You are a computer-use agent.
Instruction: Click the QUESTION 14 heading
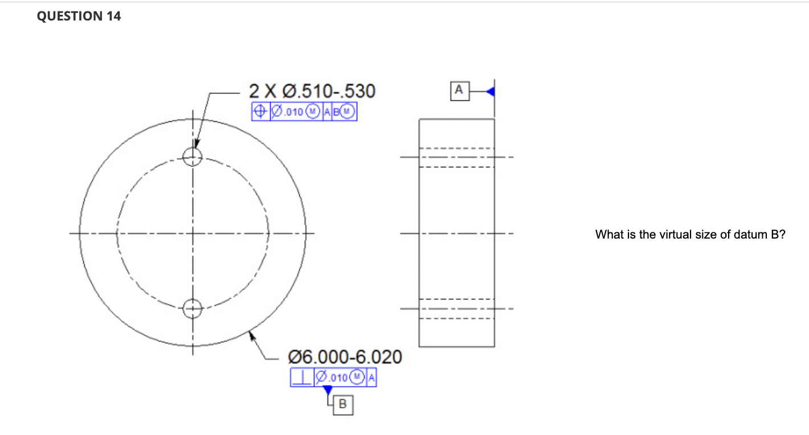pos(79,17)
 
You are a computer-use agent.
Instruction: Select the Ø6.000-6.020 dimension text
pos(345,357)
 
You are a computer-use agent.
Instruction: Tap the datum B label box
pos(342,405)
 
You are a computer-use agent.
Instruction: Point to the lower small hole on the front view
pos(193,309)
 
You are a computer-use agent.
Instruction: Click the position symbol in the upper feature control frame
pos(259,112)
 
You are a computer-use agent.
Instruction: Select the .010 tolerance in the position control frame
pos(294,112)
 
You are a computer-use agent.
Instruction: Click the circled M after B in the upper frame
pos(348,112)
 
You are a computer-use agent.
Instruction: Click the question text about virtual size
pos(690,235)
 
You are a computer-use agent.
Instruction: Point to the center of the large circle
pos(193,233)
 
